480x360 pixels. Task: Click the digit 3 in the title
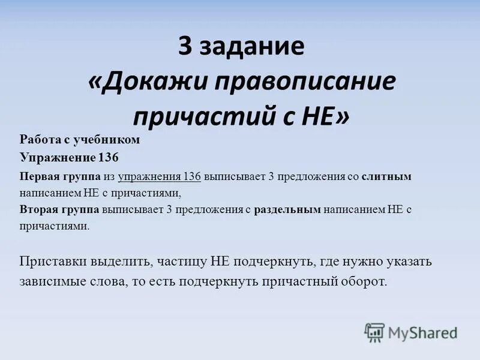pos(185,47)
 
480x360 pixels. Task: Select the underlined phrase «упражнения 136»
pos(159,176)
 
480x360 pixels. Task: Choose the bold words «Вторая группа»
pos(59,210)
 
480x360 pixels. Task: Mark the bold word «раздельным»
pos(287,210)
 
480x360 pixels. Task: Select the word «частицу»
pos(179,262)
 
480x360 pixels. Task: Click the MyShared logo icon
pos(374,331)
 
